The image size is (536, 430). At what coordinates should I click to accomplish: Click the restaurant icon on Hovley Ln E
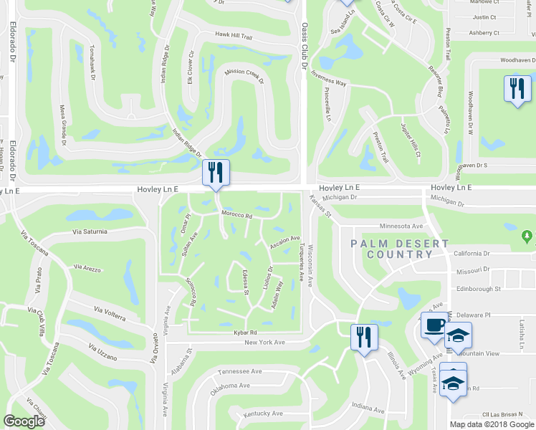coord(215,173)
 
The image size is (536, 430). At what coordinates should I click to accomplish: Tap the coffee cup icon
coord(434,326)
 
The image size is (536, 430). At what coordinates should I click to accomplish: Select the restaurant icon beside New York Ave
coord(364,337)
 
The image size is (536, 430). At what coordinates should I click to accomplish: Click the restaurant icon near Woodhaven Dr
coord(517,90)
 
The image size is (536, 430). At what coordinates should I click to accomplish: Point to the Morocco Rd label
coord(237,215)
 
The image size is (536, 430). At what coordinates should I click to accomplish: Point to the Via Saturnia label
coord(90,231)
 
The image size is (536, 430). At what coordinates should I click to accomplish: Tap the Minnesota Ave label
coord(403,225)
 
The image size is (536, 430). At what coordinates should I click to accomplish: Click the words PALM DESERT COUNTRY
coord(400,249)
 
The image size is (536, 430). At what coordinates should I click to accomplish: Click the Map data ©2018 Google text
coord(490,424)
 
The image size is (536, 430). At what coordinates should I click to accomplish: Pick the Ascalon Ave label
coord(284,243)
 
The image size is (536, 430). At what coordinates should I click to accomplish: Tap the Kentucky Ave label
coord(262,414)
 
